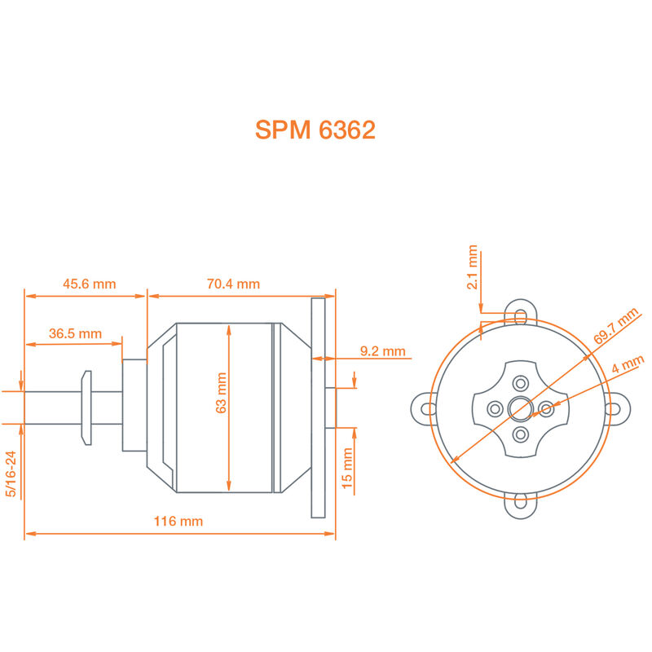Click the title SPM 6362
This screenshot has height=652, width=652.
315,130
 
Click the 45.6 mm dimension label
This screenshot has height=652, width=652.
90,284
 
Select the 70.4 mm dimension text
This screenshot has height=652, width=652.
233,284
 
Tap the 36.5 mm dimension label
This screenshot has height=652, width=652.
75,333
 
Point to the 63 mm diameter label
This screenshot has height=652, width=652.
221,393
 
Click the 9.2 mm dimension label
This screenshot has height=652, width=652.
382,351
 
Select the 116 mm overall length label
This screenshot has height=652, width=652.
179,521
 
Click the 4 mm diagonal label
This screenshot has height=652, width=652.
628,364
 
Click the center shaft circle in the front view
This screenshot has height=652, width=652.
520,407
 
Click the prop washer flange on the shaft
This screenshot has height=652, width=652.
86,407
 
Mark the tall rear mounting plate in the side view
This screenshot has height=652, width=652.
318,407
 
